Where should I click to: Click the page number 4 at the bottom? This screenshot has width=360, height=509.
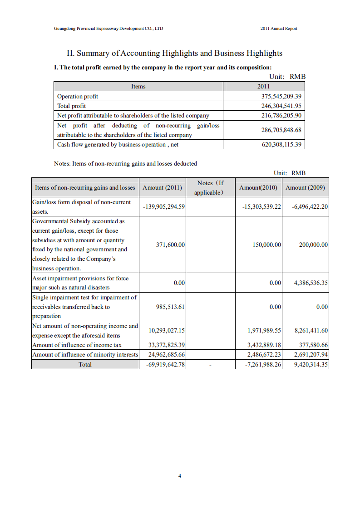coord(180,476)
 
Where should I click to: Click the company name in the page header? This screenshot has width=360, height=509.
coord(108,28)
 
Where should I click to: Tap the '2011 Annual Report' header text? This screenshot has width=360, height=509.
coord(279,28)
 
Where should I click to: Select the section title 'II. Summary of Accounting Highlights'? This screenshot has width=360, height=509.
coord(174,53)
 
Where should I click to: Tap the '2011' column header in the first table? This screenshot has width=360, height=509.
coord(263,86)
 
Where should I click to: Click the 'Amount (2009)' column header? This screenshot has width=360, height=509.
coord(305,187)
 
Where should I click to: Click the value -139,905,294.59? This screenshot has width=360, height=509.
coord(163,206)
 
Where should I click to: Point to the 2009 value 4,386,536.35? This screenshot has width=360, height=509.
coord(311,283)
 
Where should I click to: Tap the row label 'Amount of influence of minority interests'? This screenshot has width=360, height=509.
coord(85,354)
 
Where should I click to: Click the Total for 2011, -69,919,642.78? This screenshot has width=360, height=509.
coord(163,364)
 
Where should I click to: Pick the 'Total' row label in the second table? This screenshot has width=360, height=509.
coord(85,364)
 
